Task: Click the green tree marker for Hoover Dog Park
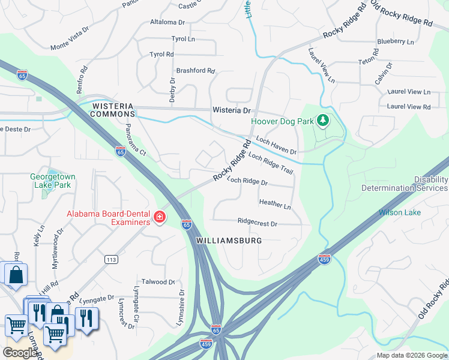coord(324,121)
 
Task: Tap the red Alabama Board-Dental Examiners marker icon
coord(160,217)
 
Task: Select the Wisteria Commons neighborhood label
coord(113,110)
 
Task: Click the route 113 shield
coord(110,260)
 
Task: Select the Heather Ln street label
coord(275,205)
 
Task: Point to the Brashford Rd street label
coord(195,70)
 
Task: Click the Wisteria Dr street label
coord(231,110)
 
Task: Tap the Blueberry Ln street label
coord(395,41)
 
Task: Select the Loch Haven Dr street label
coord(276,145)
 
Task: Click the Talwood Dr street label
coord(157,281)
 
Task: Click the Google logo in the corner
coord(20,353)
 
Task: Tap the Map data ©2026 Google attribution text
coord(412,355)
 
